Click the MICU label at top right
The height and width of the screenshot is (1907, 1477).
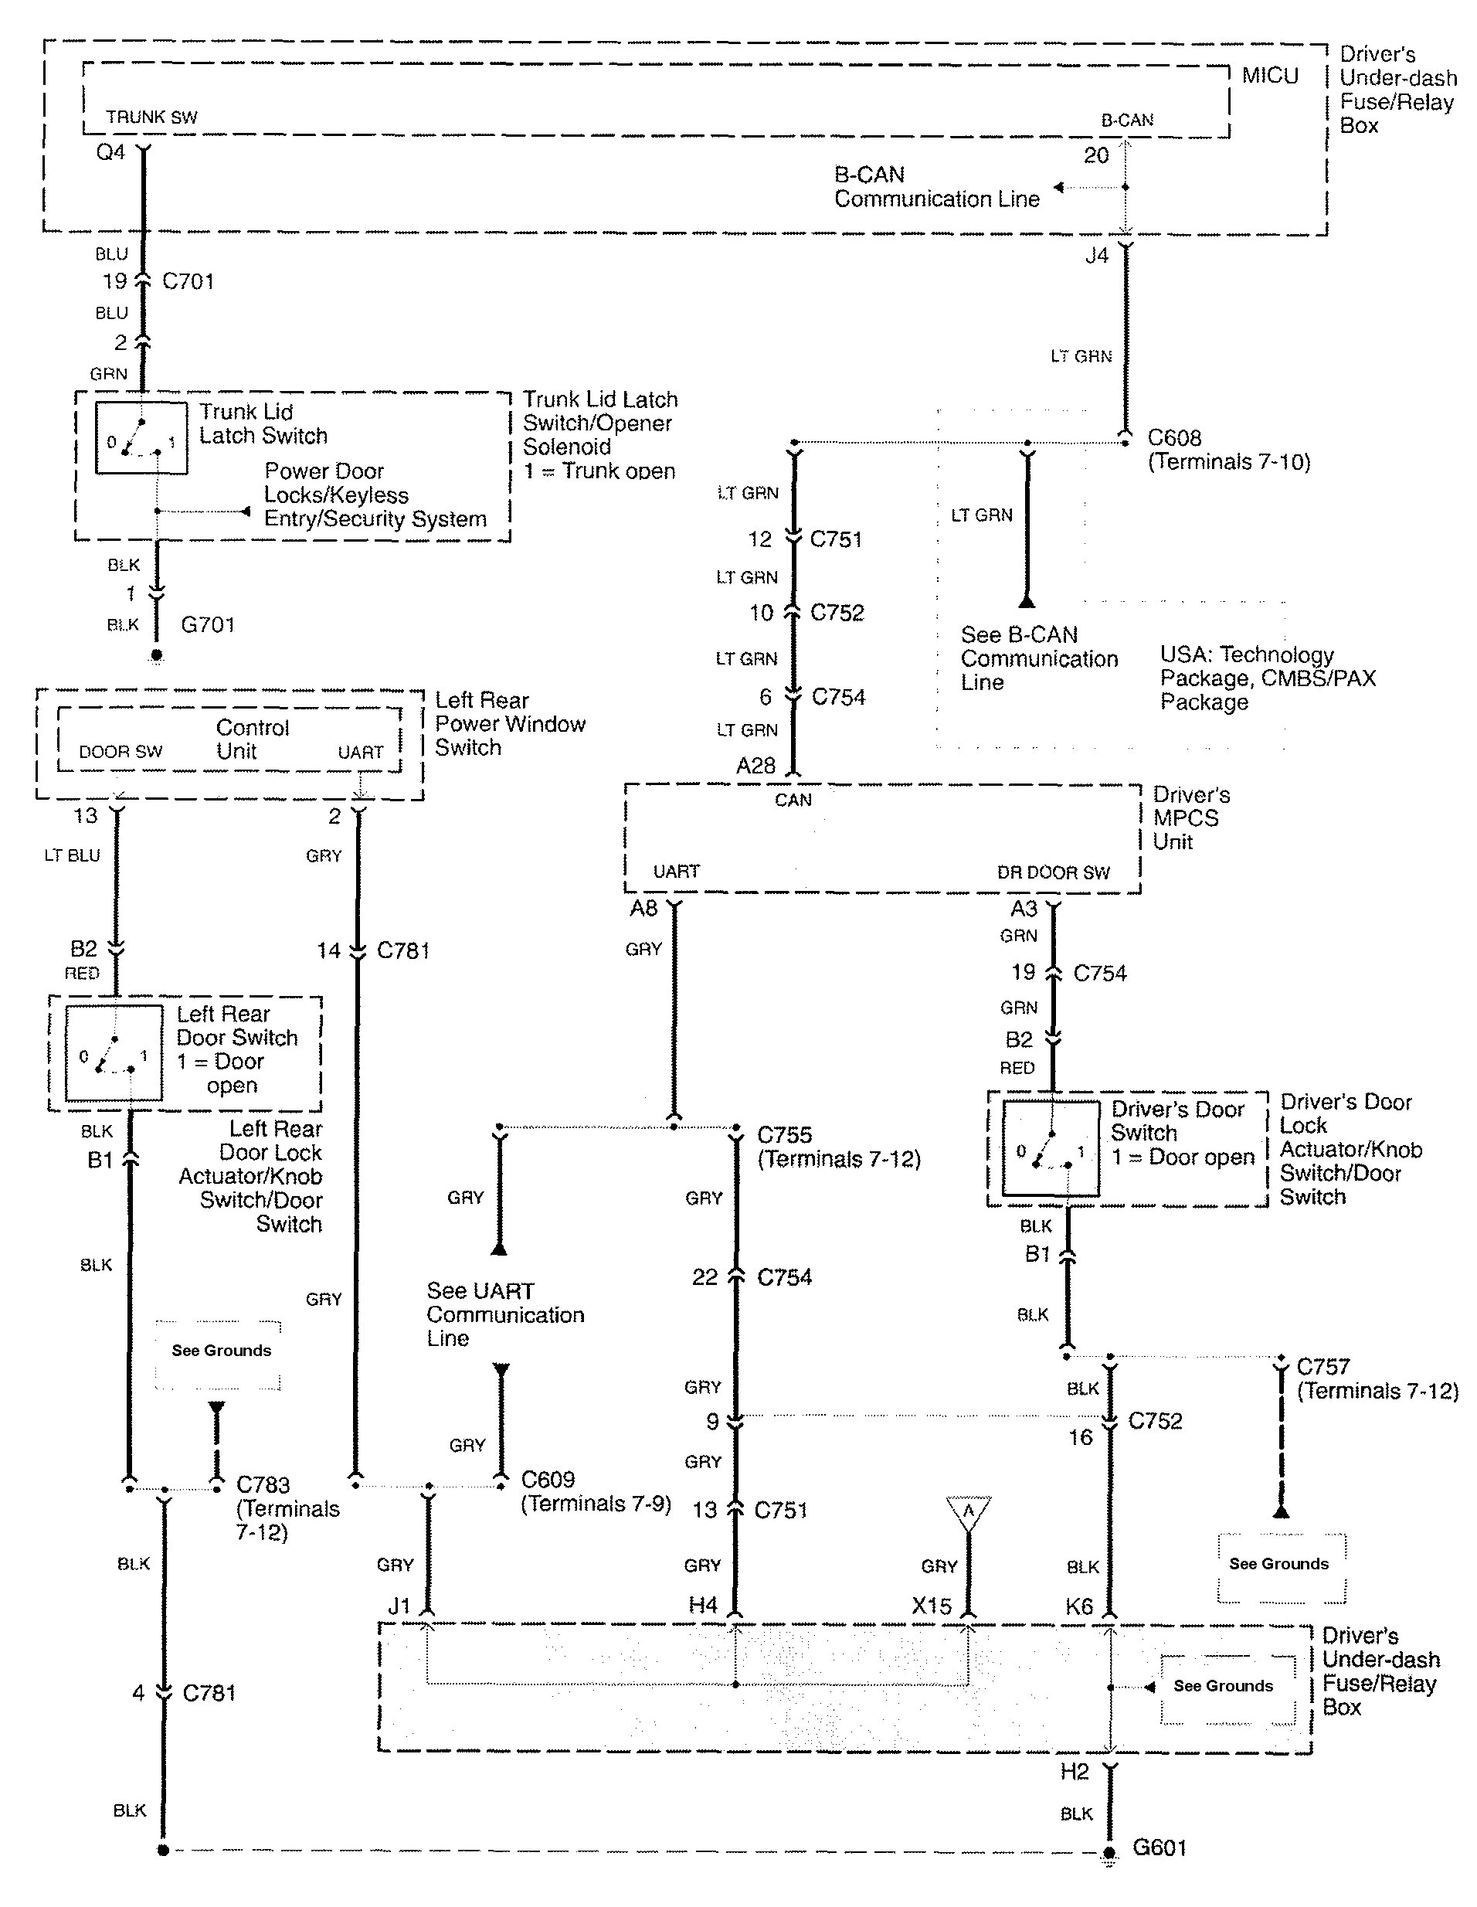[x=1270, y=76]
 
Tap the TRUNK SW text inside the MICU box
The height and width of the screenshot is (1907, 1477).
[x=152, y=117]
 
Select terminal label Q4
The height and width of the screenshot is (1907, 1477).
[x=111, y=153]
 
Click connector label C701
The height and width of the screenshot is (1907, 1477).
[x=188, y=281]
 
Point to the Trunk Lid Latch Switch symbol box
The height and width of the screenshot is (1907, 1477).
[x=141, y=438]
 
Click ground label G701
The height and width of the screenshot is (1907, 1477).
[x=208, y=625]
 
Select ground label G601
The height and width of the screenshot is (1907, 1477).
[x=1160, y=1848]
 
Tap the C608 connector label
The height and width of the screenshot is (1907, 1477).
[x=1174, y=437]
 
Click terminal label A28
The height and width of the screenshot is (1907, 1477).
[x=756, y=766]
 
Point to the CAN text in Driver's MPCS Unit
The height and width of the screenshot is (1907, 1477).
[x=793, y=800]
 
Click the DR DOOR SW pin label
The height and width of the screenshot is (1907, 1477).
[x=1054, y=872]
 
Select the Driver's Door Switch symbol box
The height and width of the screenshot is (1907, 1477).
[x=1051, y=1148]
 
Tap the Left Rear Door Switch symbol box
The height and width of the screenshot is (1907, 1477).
[x=114, y=1053]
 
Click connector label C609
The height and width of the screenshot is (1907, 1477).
[x=548, y=1479]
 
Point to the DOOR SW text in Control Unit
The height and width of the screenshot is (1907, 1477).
[x=121, y=752]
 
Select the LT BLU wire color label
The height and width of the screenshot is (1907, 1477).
[x=73, y=855]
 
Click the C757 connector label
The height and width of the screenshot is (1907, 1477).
[x=1323, y=1367]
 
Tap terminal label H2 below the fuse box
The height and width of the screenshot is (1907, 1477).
[x=1075, y=1772]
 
